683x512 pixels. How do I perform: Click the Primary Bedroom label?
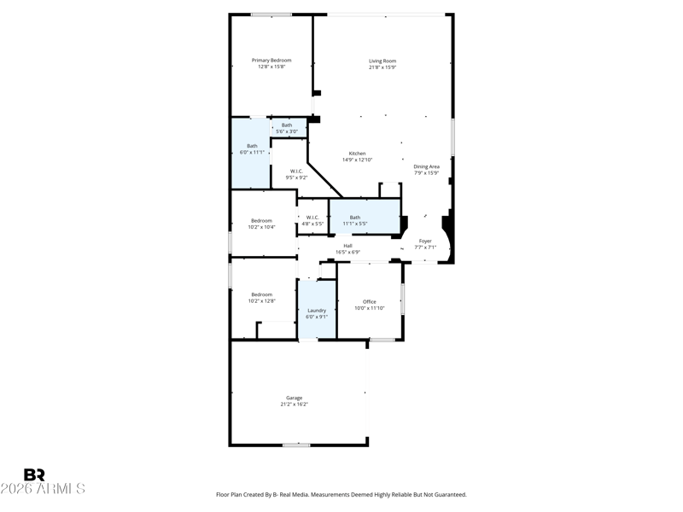271,61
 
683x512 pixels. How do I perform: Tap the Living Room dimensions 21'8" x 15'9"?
382,67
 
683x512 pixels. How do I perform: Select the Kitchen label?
357,154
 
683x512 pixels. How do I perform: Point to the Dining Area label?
426,166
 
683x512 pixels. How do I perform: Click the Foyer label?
425,241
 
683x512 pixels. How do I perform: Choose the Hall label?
347,246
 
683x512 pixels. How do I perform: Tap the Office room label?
370,302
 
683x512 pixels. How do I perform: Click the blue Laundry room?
317,309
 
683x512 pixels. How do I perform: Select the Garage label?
294,398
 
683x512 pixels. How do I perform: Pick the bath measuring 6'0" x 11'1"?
250,154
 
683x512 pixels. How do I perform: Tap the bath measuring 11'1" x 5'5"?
365,217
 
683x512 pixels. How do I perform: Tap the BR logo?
34,474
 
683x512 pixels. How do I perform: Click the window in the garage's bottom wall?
296,445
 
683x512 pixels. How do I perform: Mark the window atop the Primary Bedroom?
271,15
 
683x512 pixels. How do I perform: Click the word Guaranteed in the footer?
452,495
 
